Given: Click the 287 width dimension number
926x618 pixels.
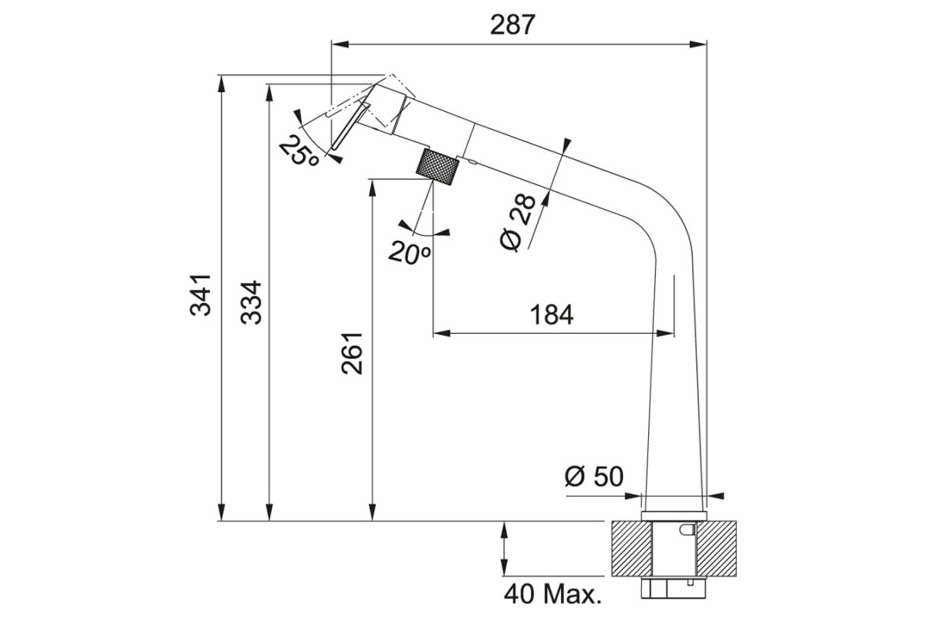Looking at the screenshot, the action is point(512,25).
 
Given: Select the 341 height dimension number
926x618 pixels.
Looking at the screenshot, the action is point(201,295).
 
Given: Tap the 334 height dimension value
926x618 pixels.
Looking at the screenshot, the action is point(252,302).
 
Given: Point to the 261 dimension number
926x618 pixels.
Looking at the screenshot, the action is point(352,353).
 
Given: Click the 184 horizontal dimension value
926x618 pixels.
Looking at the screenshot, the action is point(552,314).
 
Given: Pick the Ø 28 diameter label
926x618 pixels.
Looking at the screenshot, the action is point(517,222).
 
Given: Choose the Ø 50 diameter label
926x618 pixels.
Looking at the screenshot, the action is point(594,476).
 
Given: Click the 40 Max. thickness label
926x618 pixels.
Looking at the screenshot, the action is point(553,594).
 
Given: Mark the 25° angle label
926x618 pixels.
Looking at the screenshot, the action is point(299,151).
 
